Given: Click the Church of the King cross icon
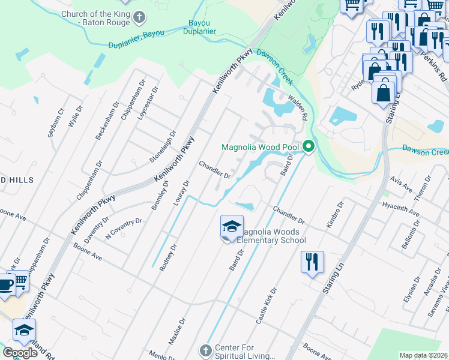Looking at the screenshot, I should tap(139, 16).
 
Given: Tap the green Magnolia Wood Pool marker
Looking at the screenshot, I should tap(309, 146).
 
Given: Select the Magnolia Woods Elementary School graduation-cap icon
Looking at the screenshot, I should tap(232, 227).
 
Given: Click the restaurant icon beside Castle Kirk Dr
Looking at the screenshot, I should tap(312, 263).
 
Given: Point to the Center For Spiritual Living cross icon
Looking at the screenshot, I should tap(205, 350).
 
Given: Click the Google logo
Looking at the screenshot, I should tap(20, 353).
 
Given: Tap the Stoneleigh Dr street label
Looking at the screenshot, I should tap(163, 147).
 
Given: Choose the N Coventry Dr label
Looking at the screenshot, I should tap(124, 229).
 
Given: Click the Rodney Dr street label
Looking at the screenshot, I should tap(168, 257).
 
